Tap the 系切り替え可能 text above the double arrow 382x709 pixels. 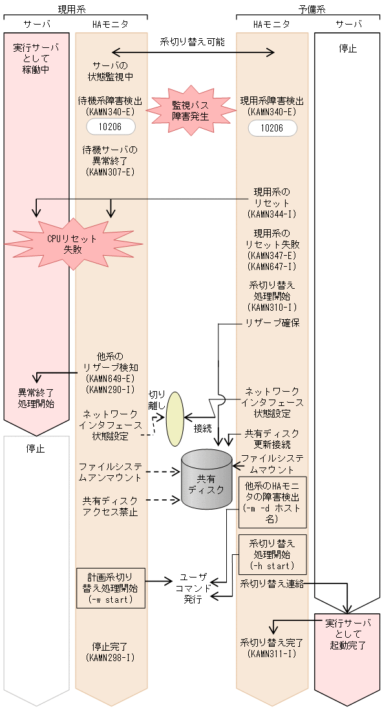coord(193,41)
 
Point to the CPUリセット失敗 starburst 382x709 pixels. coord(72,243)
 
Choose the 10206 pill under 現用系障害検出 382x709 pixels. coord(272,128)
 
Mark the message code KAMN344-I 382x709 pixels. coord(272,214)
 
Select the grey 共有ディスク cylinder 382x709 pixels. coord(206,479)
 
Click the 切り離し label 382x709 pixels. coord(157,400)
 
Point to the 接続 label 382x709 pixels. coord(202,428)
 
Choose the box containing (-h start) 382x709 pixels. coord(272,554)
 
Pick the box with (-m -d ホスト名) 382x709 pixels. coord(272,502)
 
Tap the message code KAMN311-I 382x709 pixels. coord(272,654)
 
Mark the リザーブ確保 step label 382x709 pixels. coord(272,322)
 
